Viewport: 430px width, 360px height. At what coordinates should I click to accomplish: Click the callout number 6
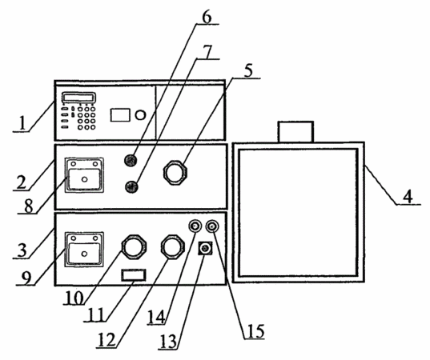[x=207, y=17]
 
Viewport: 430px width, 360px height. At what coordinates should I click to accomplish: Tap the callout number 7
[x=207, y=51]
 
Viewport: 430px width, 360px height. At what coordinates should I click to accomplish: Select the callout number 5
[x=248, y=71]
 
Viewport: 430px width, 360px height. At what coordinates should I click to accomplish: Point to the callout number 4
[x=408, y=197]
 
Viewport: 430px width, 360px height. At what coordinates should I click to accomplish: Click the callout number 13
[x=168, y=342]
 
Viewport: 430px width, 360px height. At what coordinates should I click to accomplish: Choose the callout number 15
[x=255, y=331]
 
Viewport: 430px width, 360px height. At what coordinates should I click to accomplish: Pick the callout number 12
[x=106, y=340]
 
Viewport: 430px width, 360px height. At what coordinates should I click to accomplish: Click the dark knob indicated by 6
[x=131, y=160]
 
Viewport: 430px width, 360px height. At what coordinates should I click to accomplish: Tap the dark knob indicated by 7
[x=131, y=187]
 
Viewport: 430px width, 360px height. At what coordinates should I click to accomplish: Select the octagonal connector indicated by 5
[x=175, y=174]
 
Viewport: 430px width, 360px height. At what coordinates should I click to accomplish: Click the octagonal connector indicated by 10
[x=134, y=246]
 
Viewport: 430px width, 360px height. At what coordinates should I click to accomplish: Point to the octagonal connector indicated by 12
[x=172, y=246]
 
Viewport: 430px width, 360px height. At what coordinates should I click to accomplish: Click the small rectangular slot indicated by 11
[x=134, y=275]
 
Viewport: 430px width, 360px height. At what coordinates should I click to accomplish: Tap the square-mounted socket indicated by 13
[x=205, y=249]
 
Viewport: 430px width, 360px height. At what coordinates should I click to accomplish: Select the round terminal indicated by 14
[x=195, y=226]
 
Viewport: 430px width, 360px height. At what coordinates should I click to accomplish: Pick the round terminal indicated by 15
[x=212, y=226]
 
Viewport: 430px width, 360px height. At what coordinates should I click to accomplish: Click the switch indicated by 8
[x=84, y=175]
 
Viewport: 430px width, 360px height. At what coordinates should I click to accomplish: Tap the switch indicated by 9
[x=84, y=250]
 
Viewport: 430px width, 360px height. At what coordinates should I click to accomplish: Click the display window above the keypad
[x=79, y=98]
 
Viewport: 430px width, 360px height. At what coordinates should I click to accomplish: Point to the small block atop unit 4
[x=295, y=132]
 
